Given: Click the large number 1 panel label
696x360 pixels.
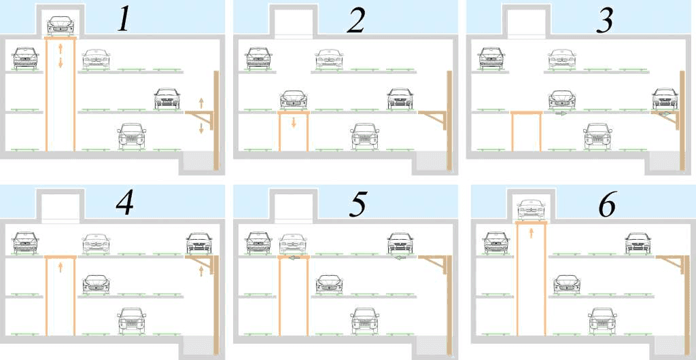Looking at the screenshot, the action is [x=124, y=20].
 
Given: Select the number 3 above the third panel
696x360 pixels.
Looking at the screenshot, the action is [x=604, y=20].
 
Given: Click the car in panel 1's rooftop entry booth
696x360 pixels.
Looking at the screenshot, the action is [x=60, y=26].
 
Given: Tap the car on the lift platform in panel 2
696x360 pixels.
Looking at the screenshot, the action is [x=294, y=100].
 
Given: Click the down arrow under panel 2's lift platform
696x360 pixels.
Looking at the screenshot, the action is [x=294, y=122].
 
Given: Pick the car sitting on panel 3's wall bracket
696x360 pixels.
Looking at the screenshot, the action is [x=665, y=98].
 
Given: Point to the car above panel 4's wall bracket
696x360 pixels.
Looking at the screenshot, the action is [x=199, y=243].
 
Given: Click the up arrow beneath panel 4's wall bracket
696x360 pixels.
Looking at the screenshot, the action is [x=201, y=271].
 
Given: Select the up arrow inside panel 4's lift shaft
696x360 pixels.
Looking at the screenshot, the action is [x=60, y=267].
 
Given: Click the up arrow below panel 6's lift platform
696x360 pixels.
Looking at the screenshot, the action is [x=531, y=233].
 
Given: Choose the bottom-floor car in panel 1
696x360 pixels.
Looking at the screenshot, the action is [x=132, y=136].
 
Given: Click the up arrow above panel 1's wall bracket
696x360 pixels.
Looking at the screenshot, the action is [x=201, y=103].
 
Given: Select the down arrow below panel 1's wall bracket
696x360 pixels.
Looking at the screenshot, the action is [x=201, y=128].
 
